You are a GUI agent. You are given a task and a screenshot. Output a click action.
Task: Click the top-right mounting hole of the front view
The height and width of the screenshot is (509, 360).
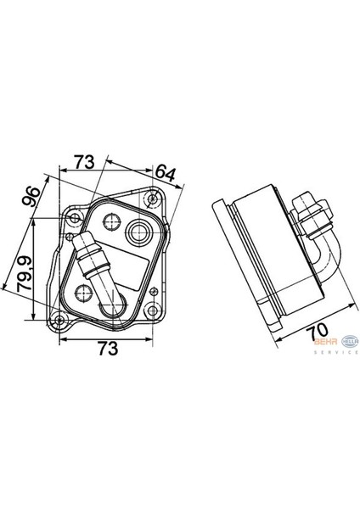151,200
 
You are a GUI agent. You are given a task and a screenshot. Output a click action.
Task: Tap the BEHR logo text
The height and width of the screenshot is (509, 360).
324,343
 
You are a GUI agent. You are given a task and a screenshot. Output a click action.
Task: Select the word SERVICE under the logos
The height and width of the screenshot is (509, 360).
337,351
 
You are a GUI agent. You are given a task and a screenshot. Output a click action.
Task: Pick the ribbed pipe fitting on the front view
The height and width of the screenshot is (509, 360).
93,259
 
